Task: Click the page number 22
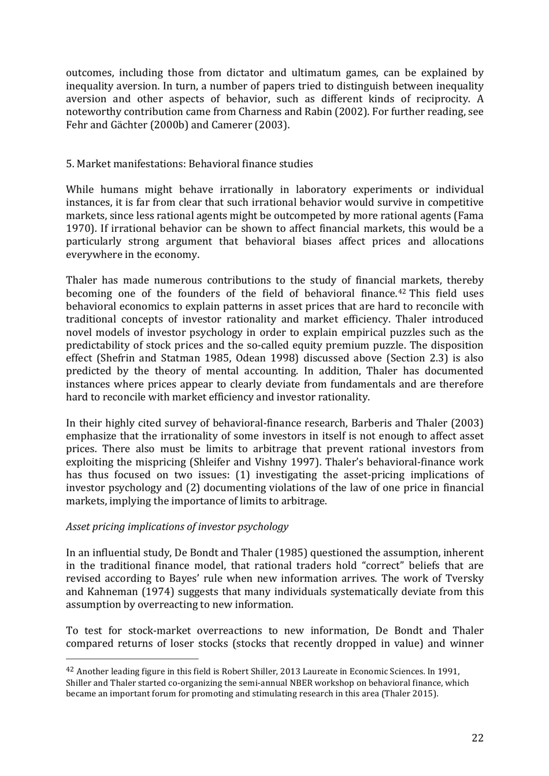coord(477,738)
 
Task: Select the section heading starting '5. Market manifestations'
coord(189,164)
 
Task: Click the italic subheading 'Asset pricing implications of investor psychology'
coord(177,526)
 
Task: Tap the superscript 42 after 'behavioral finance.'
coord(404,291)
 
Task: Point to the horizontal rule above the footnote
coord(132,658)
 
